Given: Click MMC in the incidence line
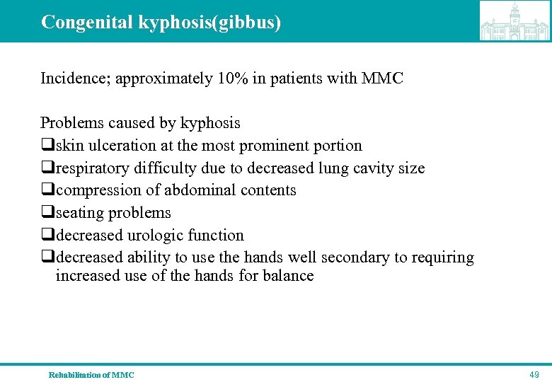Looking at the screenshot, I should tap(381, 79).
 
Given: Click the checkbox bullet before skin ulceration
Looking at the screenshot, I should tap(47, 146).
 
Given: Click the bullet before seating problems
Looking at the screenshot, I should tap(47, 213).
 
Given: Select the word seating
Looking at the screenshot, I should tap(79, 213).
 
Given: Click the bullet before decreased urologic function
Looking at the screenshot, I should tap(47, 236).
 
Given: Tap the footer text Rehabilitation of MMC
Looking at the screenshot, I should tap(91, 374).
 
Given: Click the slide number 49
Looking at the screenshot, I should tap(534, 374).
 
